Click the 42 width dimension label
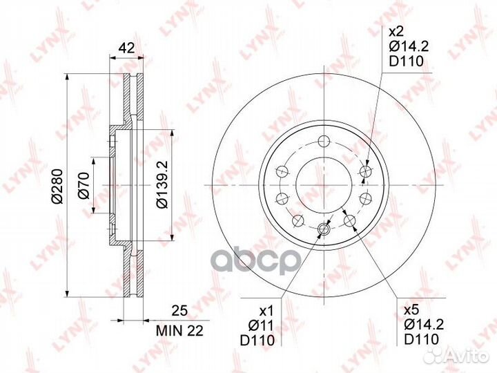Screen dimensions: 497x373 pos(126,48)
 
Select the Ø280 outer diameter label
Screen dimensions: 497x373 pos(58,186)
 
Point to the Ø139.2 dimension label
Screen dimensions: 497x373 pos(163,184)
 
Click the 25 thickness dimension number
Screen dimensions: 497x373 pos(179,311)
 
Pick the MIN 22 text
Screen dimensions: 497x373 pos(179,331)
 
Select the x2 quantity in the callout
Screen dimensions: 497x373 pos(396,32)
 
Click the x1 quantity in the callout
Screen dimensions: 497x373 pos(266,311)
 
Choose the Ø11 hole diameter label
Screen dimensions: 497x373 pos(260,325)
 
